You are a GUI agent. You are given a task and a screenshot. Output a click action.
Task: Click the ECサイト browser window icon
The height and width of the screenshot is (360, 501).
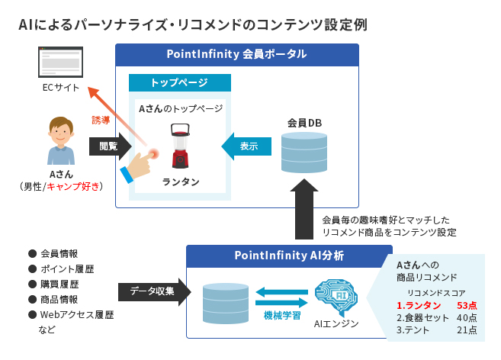coord(61,61)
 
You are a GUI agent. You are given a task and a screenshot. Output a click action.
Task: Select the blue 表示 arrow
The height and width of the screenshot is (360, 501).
coord(246,145)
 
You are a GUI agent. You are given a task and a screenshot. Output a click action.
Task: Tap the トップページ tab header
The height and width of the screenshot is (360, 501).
coord(179,82)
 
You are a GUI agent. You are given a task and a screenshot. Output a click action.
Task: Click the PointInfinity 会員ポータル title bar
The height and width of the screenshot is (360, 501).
coord(236,54)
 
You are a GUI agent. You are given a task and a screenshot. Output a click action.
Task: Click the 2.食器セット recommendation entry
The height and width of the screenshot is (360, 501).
coord(423,317)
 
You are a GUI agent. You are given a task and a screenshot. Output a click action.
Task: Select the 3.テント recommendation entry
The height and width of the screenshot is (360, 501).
coord(413,329)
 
